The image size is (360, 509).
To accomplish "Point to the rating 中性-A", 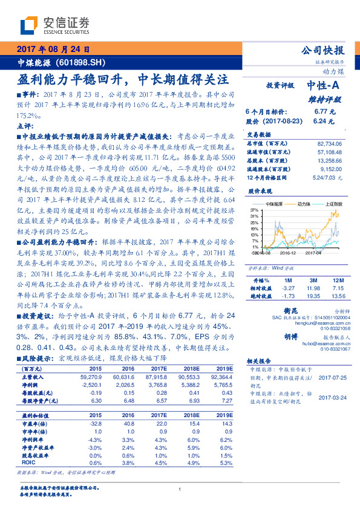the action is (x=324, y=85).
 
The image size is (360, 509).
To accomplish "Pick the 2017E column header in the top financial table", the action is (x=159, y=368).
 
